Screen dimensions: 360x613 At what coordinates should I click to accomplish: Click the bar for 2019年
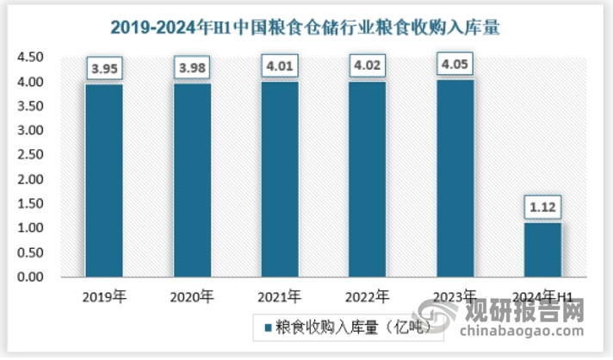(104, 181)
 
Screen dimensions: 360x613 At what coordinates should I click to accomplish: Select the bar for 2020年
(192, 180)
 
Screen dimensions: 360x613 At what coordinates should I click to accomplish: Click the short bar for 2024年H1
(542, 251)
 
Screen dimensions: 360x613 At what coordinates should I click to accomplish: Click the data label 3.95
(104, 66)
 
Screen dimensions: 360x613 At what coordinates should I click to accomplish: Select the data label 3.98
(192, 65)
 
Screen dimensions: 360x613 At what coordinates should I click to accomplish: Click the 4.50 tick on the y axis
(29, 58)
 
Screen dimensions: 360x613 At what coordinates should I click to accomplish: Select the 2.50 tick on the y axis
(29, 156)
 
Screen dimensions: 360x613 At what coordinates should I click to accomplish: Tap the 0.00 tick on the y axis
(29, 278)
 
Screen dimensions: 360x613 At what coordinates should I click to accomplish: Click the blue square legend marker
(269, 328)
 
